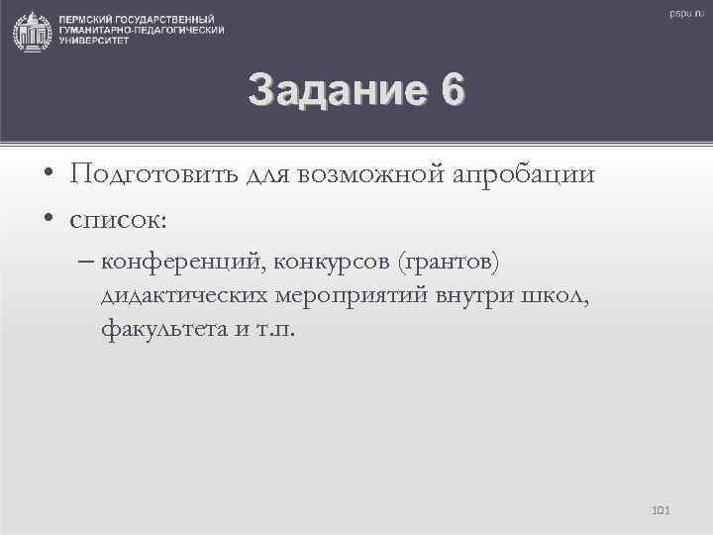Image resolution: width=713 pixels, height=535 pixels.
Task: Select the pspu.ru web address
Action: [x=683, y=13]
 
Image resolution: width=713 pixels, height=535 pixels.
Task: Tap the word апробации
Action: [x=524, y=175]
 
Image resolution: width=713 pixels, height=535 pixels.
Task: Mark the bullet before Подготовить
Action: [x=49, y=176]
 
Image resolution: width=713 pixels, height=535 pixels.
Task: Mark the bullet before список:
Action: [x=49, y=217]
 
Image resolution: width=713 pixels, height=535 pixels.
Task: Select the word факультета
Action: [x=158, y=328]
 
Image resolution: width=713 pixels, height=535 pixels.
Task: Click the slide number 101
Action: [x=662, y=510]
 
